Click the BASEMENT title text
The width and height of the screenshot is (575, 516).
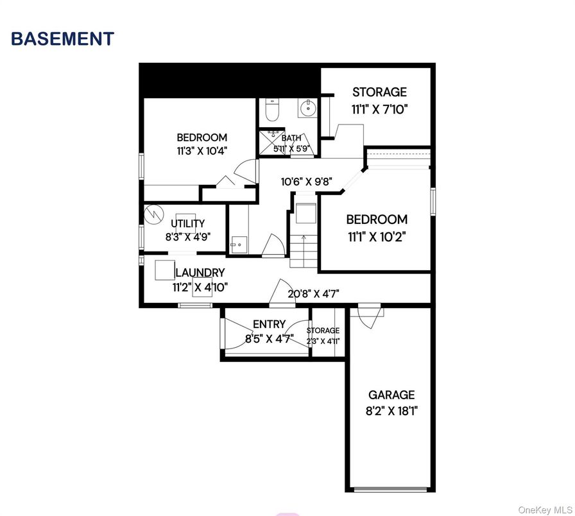tap(62, 39)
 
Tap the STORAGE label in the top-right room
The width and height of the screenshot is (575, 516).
tap(379, 92)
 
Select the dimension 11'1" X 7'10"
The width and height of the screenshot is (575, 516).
tap(379, 109)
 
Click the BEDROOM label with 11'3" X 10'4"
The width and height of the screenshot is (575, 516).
tap(202, 137)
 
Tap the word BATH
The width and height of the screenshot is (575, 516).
tap(291, 138)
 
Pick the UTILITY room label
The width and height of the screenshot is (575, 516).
tap(187, 223)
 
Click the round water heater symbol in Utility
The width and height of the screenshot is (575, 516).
tap(154, 214)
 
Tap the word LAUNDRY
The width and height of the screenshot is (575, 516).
tap(200, 273)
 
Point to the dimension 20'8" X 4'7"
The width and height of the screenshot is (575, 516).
tap(313, 294)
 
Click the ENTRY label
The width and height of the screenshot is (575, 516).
tap(269, 324)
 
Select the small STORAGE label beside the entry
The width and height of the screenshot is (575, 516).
tap(323, 331)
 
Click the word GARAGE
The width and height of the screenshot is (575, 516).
tap(391, 395)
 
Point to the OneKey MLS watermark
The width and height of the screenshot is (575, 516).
tap(544, 508)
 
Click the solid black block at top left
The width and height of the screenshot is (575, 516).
tap(230, 80)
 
